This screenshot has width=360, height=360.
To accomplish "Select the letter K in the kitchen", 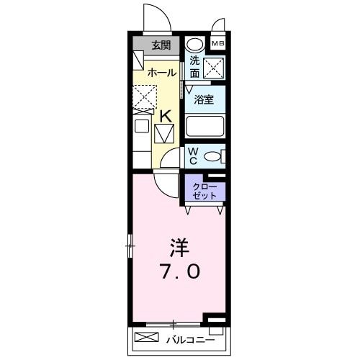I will [x=165, y=115].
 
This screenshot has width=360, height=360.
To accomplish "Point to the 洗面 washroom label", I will [x=194, y=67].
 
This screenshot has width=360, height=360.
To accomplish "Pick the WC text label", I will [x=193, y=156].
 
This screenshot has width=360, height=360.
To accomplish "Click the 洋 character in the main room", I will [x=179, y=248].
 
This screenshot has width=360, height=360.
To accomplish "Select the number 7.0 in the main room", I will [x=180, y=274].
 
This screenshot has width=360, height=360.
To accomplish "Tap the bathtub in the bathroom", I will [x=205, y=127].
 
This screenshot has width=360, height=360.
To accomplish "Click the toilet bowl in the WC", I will [x=213, y=156].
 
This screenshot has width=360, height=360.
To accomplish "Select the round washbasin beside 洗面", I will [x=194, y=45].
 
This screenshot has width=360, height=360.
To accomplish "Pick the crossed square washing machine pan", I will [x=213, y=68].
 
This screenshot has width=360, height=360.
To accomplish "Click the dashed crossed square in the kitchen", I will [x=144, y=96].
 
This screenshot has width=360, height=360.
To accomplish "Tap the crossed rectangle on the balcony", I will [x=147, y=337].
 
